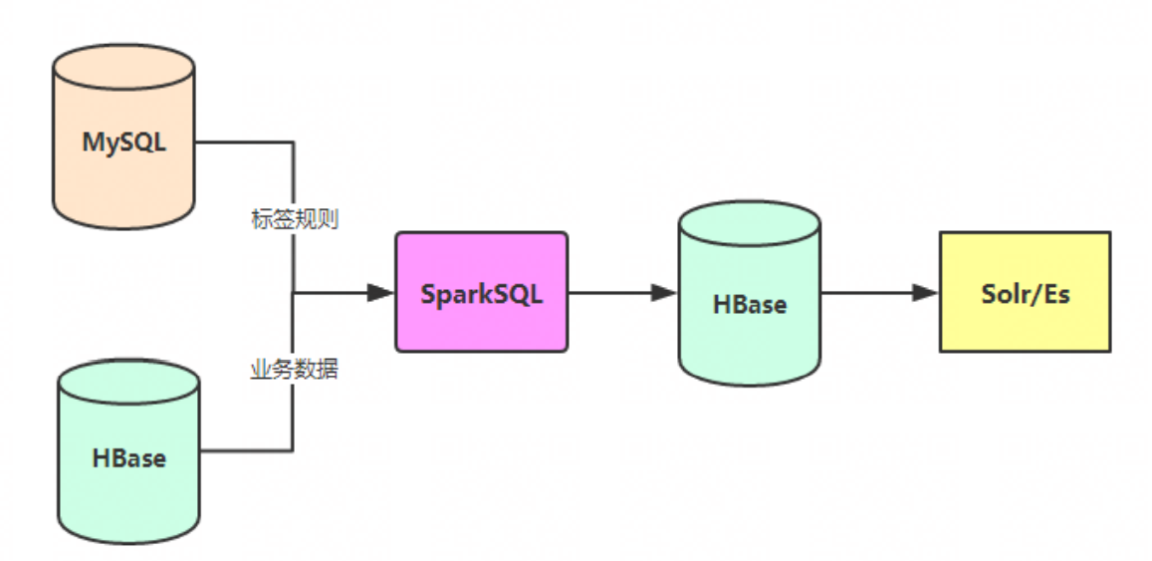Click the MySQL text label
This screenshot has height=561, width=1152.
tap(123, 141)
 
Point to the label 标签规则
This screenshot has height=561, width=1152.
tap(295, 219)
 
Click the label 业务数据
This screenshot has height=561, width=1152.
tap(294, 370)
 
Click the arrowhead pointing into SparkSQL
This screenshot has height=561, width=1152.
tap(379, 293)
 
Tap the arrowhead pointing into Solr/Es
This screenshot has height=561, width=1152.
tap(925, 293)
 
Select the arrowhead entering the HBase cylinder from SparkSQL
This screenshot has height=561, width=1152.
tap(663, 293)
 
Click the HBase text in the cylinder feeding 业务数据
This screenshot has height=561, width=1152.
tap(129, 458)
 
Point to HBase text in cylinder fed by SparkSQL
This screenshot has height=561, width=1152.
tap(750, 304)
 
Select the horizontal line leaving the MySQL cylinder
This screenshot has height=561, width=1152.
tap(244, 141)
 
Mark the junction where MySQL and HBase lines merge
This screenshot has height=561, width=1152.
tap(293, 293)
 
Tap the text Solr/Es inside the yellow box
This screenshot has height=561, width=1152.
tap(1025, 294)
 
